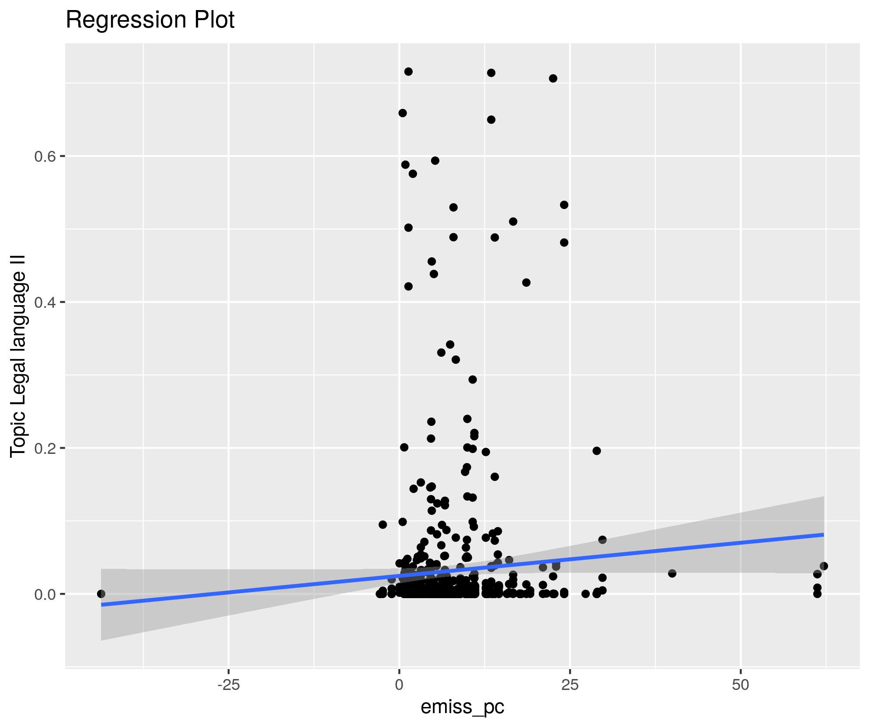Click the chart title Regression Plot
click(x=150, y=20)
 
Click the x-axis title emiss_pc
click(x=462, y=707)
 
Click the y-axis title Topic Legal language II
click(x=18, y=356)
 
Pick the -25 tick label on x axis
click(x=228, y=685)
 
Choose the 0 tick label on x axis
click(x=399, y=685)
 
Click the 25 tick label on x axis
click(x=570, y=685)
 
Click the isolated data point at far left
click(x=101, y=594)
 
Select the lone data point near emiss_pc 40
click(x=672, y=573)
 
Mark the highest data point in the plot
click(x=408, y=72)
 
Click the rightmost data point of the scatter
click(x=824, y=566)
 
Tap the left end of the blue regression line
click(x=101, y=605)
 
